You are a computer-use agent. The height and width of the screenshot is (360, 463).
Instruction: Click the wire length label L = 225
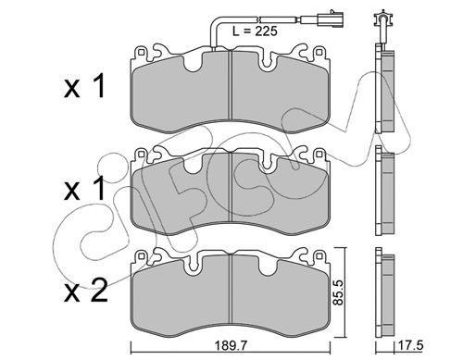point(255,31)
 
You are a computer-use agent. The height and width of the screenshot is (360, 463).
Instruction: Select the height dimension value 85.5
point(339,292)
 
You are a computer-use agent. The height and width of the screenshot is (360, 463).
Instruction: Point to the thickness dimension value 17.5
point(411,345)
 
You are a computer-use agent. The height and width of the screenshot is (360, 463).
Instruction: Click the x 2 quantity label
point(85,290)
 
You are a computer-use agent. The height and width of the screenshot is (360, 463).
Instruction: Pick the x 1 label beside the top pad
point(84,86)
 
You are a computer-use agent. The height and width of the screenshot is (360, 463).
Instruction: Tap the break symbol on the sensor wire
point(259,19)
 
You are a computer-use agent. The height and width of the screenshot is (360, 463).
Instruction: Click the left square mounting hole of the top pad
point(141,52)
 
